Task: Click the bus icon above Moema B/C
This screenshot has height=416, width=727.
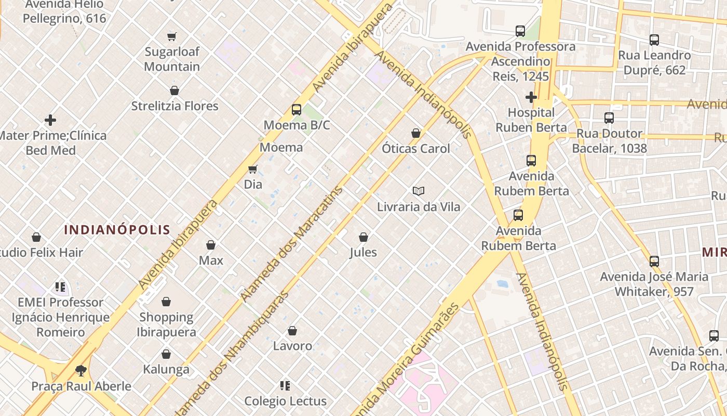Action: point(296,110)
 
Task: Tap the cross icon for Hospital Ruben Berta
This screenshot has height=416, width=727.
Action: point(531,97)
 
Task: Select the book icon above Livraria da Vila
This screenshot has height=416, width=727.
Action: point(419,191)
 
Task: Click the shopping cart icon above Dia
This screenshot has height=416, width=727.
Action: point(253,169)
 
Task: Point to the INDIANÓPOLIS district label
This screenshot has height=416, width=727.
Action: point(117,229)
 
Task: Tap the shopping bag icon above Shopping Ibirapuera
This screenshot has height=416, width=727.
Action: point(166,302)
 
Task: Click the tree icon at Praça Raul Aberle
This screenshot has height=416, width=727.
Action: point(80,371)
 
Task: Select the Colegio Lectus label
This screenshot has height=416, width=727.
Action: point(285,401)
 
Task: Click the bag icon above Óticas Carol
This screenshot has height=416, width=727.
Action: point(415,133)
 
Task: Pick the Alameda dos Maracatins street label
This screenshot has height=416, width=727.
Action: point(292,243)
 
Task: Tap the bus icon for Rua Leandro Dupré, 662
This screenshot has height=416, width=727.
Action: point(654,40)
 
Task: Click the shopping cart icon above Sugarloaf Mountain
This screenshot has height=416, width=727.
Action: point(172,36)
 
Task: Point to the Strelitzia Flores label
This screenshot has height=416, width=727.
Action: point(174,106)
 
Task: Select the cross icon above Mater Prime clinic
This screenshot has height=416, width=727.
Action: point(50,120)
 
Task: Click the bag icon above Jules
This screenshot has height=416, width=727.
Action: point(363,237)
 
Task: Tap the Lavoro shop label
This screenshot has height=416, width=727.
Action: point(292,346)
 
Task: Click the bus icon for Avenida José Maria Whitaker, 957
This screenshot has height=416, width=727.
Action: point(654,261)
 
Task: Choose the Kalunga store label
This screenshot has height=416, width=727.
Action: point(166,370)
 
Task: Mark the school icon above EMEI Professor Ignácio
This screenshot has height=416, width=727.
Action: point(60,287)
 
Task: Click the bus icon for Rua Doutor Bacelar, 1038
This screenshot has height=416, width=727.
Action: point(609,118)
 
